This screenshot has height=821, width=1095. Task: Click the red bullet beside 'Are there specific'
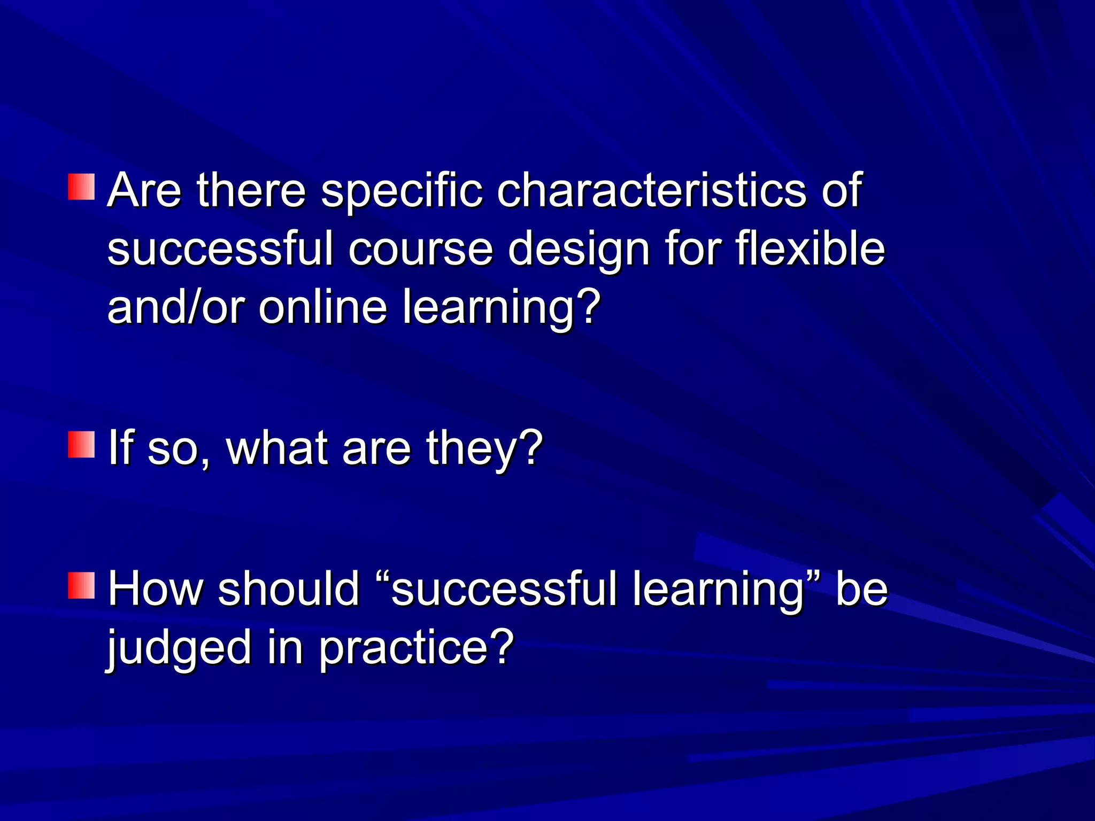[x=81, y=187]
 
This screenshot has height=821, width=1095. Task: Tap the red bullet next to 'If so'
[x=81, y=445]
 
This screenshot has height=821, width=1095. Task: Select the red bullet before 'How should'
[x=81, y=585]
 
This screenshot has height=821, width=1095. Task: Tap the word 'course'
[x=420, y=249]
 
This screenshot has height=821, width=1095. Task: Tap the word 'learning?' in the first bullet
[x=501, y=309]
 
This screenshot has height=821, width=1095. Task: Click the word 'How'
[x=156, y=589]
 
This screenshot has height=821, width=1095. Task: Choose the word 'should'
[x=289, y=589]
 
